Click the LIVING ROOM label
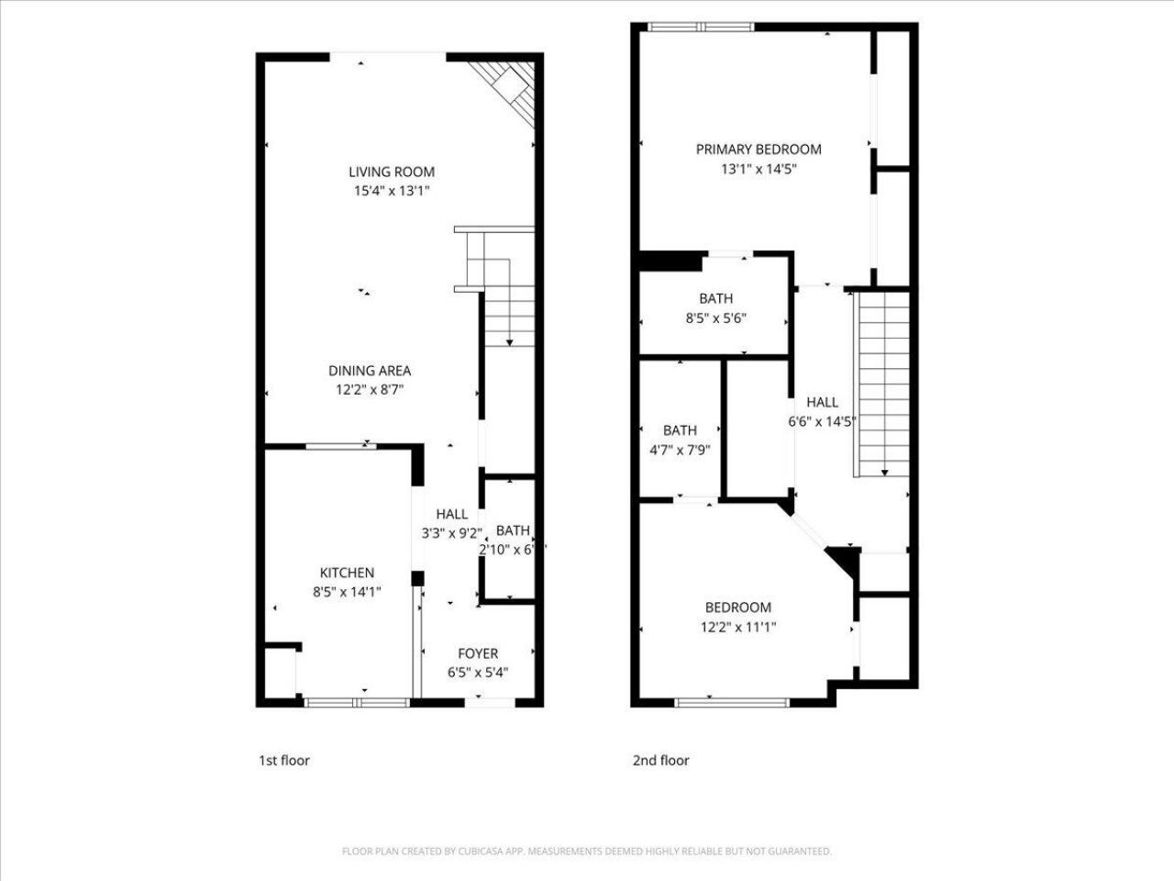391,172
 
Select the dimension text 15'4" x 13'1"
391,191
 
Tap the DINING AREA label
370,371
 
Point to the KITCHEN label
347,573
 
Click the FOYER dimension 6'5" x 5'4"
478,672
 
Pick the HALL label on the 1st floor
451,514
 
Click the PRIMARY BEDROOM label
759,149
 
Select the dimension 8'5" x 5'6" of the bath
715,318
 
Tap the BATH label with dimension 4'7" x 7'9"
680,429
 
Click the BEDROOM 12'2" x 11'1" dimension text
737,627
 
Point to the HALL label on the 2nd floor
822,402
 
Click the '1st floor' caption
284,760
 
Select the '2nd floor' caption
660,760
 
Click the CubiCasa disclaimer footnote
587,852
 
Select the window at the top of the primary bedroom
702,27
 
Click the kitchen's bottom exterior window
356,703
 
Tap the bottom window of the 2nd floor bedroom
732,703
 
